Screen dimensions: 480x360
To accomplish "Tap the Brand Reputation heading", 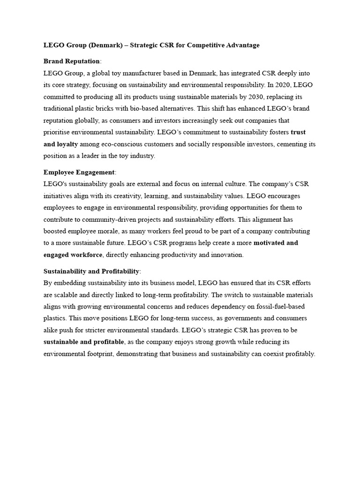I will point(71,61).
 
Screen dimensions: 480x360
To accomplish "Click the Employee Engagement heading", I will point(78,172).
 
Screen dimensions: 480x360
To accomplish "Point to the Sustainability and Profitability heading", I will point(91,271).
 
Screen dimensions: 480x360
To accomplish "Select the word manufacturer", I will point(144,74).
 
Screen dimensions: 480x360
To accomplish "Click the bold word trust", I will point(298,132).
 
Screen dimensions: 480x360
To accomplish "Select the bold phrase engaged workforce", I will point(73,255).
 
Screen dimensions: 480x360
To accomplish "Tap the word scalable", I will point(66,295).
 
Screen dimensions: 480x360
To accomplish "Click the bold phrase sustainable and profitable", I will point(84,342).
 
